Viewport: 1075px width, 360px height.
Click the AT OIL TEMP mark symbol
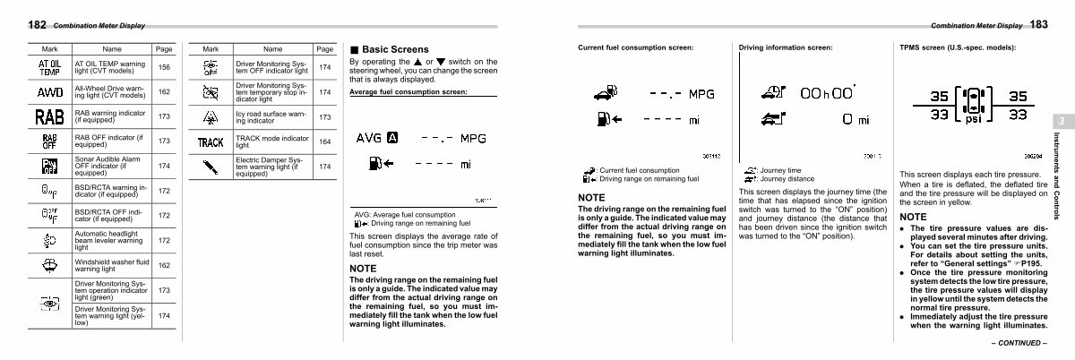tap(49, 67)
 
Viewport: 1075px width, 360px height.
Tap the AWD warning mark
tap(49, 92)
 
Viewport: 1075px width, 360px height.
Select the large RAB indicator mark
tap(49, 116)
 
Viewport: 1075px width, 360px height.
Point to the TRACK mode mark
tap(211, 142)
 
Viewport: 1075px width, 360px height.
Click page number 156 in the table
tap(164, 67)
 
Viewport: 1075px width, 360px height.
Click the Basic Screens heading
tap(394, 49)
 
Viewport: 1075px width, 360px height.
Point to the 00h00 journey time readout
tap(829, 92)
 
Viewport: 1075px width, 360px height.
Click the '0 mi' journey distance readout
tap(856, 119)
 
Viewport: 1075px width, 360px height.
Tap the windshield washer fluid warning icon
tap(49, 265)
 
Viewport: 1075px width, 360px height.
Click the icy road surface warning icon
tap(211, 117)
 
